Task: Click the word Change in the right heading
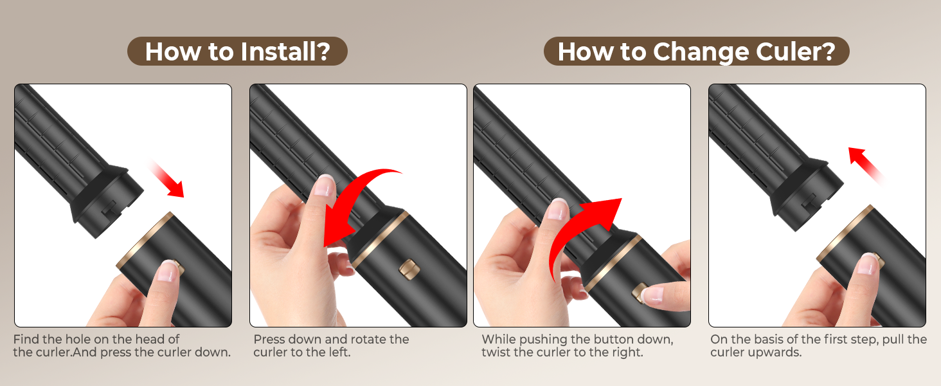[x=701, y=53]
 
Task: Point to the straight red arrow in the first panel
[x=166, y=178]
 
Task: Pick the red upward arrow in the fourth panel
[x=865, y=165]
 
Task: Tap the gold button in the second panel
[x=407, y=269]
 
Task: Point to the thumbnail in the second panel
[x=325, y=186]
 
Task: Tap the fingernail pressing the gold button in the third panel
[x=654, y=295]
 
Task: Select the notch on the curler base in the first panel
[x=109, y=209]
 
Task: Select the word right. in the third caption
[x=627, y=352]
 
